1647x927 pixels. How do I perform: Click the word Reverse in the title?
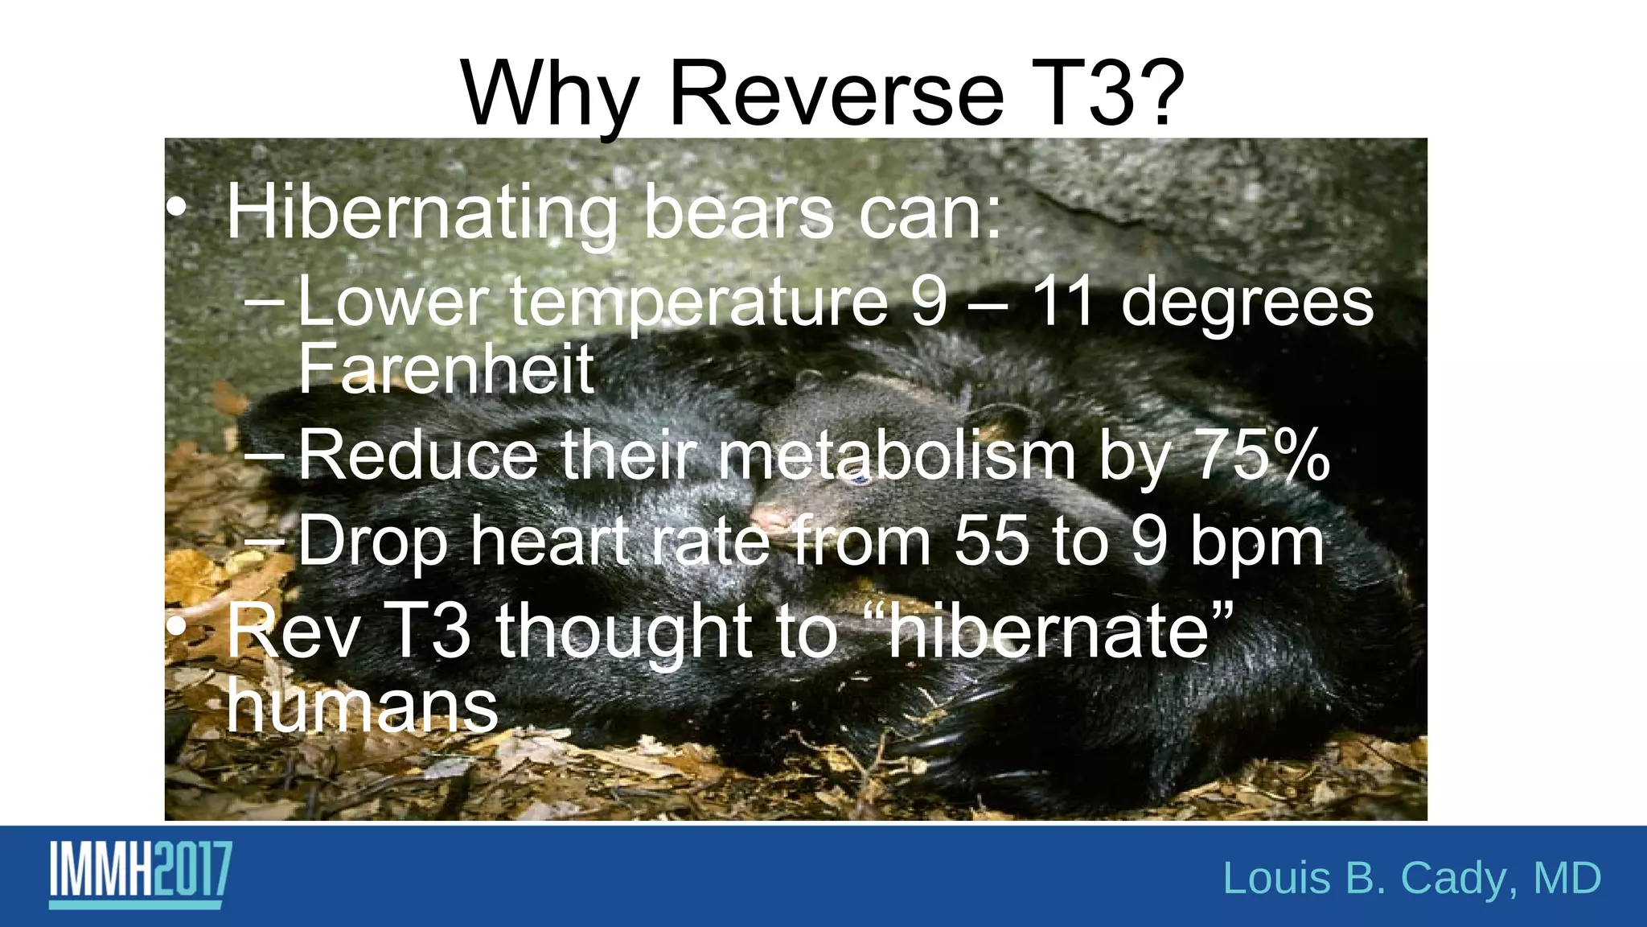pos(836,95)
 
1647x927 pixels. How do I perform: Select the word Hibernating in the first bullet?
pos(422,214)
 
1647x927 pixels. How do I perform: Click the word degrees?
pos(1247,303)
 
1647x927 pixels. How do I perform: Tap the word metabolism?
pos(897,455)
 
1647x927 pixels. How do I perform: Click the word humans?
pos(362,708)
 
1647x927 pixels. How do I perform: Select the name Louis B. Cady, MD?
pos(1411,878)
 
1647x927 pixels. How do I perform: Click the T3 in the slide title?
pos(1078,95)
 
